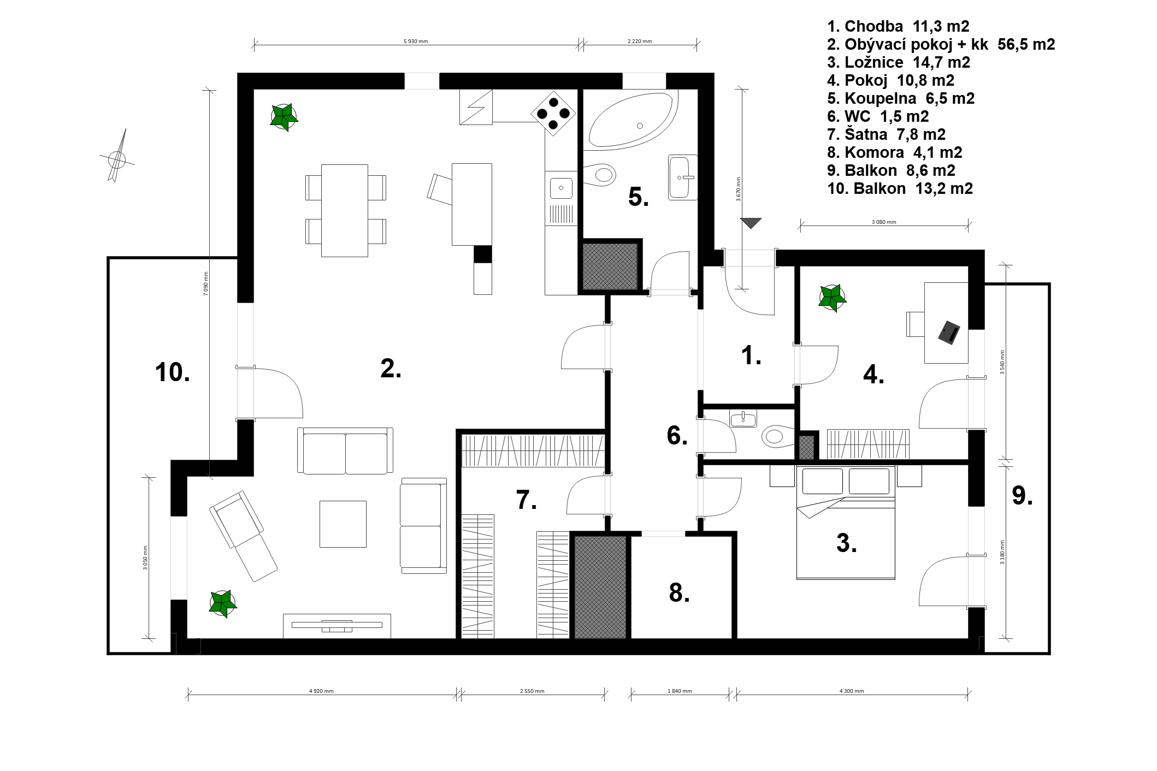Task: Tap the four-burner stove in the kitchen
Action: pos(553,114)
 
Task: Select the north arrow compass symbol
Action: pos(117,157)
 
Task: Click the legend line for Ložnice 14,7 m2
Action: pos(899,62)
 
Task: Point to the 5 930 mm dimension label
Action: pos(415,41)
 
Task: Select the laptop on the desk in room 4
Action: pos(949,333)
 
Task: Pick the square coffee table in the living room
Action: pos(343,524)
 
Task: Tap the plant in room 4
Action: pos(832,298)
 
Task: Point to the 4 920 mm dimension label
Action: pos(321,691)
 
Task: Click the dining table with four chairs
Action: pos(345,210)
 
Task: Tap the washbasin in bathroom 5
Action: pos(682,177)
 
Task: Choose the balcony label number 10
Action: pos(173,372)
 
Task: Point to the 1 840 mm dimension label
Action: pos(680,691)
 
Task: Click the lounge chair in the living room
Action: pos(243,536)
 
